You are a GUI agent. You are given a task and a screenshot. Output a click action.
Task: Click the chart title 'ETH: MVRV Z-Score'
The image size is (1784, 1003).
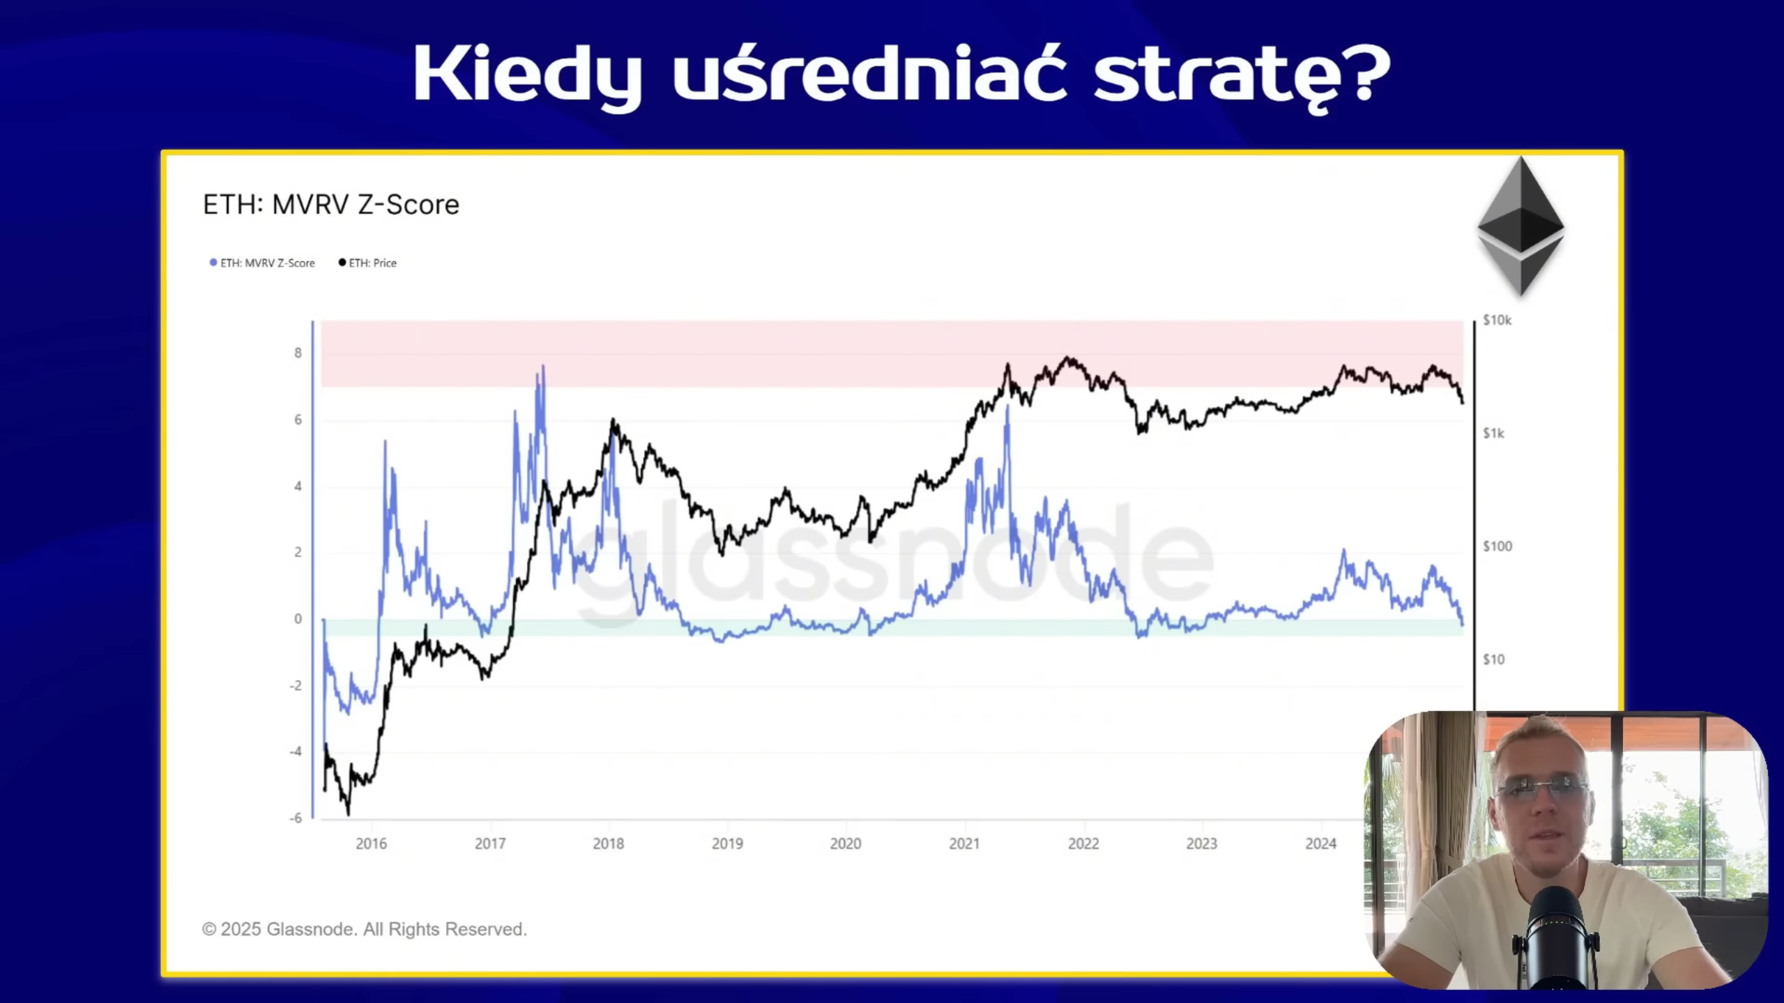pos(331,204)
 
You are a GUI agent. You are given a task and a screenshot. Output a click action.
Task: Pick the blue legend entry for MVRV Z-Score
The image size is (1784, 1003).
pos(262,263)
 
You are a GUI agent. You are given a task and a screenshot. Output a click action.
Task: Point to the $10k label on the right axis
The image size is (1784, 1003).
pos(1497,320)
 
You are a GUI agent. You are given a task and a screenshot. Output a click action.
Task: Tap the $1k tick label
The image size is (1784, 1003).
pos(1493,434)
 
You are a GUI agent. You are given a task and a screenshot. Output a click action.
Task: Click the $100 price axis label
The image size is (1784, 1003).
pos(1497,546)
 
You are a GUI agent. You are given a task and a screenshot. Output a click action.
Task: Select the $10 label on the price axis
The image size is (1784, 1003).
pos(1493,659)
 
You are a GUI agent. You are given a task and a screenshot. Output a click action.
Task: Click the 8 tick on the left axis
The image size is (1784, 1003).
pos(298,353)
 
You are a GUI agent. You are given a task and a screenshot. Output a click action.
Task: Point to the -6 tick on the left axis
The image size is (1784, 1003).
pos(296,818)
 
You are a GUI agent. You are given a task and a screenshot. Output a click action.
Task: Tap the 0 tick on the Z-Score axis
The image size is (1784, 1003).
pos(298,619)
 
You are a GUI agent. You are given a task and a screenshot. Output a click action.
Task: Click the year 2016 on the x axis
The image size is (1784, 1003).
pos(371,843)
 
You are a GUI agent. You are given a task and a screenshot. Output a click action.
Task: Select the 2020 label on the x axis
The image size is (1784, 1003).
pos(846,843)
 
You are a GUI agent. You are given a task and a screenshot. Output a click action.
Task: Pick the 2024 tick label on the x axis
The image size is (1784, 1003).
pos(1320,843)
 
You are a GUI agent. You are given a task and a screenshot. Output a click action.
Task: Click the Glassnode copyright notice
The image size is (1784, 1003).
pos(365,929)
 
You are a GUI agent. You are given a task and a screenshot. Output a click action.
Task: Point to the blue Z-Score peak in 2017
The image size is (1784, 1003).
pos(542,367)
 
